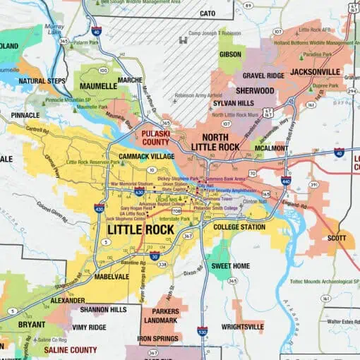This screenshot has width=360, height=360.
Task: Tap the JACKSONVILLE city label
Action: [x=311, y=72]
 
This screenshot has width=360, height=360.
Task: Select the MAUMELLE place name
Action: [x=98, y=86]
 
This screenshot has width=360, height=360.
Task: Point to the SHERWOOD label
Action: [x=254, y=91]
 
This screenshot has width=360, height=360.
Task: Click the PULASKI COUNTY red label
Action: [x=155, y=137]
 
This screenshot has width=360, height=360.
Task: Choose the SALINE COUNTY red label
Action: [x=71, y=349]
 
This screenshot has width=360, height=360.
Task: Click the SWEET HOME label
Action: [x=231, y=266]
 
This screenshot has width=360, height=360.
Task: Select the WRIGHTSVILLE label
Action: [x=243, y=327]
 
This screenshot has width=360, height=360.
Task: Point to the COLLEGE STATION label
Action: [x=239, y=227]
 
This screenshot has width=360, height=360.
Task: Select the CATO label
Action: [x=207, y=13]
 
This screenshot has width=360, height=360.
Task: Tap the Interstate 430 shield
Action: [x=99, y=208]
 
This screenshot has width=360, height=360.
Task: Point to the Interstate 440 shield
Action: [x=285, y=181]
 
